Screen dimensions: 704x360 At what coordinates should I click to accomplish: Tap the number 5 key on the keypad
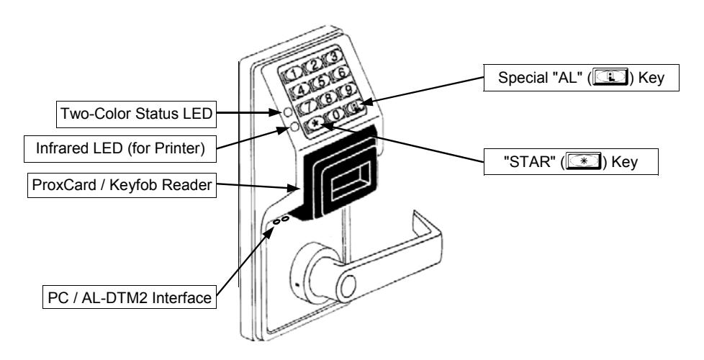tap(321, 81)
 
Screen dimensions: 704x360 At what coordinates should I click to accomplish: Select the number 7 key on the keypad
tap(308, 107)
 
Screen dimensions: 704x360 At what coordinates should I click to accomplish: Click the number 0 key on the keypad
tap(335, 115)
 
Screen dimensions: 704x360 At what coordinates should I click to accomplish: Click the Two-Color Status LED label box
tap(136, 114)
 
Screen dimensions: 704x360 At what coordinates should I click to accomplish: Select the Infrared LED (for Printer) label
tap(120, 148)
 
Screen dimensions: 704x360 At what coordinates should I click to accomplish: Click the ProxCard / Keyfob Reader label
tap(122, 184)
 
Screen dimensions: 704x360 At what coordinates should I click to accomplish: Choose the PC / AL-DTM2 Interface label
tap(130, 297)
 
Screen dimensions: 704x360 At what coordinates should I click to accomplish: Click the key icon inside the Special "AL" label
tap(610, 78)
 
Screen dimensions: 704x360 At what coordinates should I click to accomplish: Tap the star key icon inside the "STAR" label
tap(583, 161)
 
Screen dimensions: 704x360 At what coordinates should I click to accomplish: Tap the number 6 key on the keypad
tap(340, 73)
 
